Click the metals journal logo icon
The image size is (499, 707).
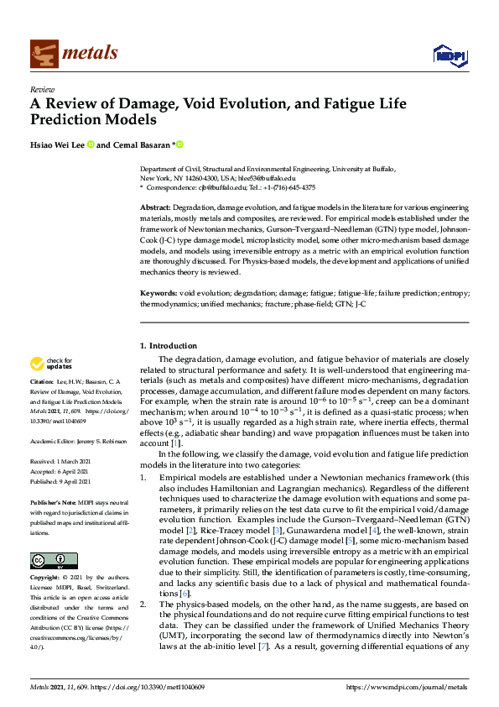click(x=43, y=53)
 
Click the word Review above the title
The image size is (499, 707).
click(x=42, y=88)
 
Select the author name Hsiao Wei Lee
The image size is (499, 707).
click(x=56, y=145)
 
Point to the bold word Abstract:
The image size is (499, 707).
click(x=157, y=207)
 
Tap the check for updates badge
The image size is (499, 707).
click(x=52, y=364)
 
